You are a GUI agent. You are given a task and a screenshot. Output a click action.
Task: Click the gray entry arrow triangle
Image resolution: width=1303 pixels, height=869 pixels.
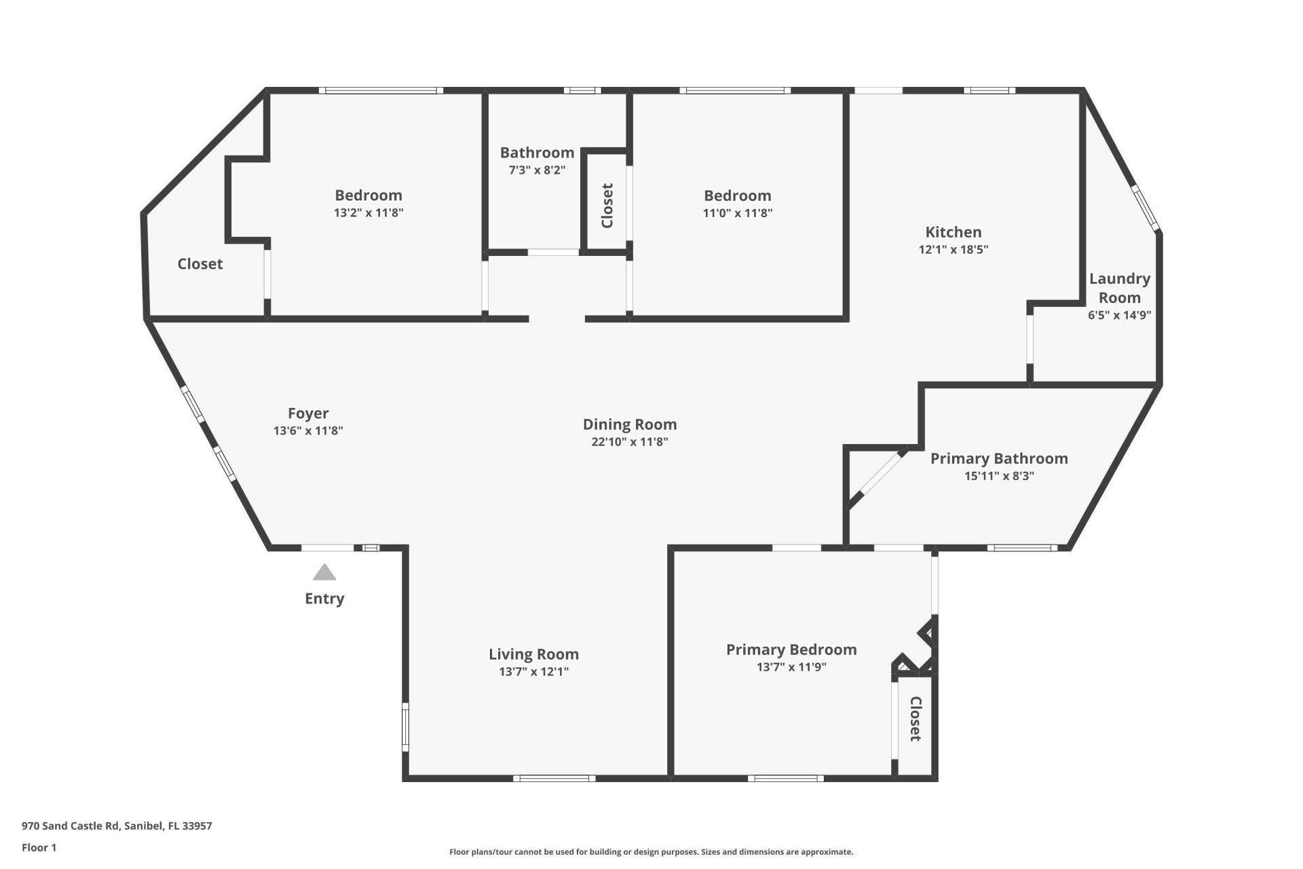324,573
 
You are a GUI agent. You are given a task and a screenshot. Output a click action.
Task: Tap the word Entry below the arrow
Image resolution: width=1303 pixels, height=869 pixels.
324,598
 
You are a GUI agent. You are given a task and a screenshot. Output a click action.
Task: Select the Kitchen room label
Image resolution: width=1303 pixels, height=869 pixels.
953,232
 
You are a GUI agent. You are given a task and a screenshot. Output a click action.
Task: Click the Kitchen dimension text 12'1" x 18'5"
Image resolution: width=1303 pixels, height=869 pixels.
953,249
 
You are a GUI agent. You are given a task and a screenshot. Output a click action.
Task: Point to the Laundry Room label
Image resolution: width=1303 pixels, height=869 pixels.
1119,288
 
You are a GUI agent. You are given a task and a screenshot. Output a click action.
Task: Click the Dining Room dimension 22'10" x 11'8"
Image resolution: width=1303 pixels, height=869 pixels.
629,442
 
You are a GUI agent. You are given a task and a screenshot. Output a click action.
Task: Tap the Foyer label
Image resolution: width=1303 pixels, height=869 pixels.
308,413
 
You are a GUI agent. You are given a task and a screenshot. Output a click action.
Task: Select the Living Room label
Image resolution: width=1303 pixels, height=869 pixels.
533,654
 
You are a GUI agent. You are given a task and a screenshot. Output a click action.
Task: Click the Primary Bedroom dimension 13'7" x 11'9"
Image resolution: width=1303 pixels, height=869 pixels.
791,667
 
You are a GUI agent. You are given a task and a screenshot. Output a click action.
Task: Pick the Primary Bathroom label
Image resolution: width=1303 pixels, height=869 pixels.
998,459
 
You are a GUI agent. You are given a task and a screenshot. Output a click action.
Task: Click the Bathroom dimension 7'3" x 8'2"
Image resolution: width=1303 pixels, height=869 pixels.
537,170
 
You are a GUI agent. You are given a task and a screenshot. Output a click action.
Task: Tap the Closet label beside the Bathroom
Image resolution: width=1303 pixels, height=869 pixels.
607,205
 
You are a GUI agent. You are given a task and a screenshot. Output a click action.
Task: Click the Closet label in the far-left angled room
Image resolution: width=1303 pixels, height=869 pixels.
200,264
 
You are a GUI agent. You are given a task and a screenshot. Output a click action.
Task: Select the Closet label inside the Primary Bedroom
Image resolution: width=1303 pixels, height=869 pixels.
915,718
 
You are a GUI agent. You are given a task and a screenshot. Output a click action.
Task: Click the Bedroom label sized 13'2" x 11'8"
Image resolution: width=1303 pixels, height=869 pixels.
369,196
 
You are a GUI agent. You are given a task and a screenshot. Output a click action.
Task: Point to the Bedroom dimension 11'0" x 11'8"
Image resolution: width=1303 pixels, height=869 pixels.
737,212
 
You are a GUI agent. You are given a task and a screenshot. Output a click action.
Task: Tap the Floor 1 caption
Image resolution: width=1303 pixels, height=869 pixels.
39,847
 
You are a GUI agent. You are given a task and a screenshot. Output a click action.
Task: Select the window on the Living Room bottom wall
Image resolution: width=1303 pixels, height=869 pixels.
554,778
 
